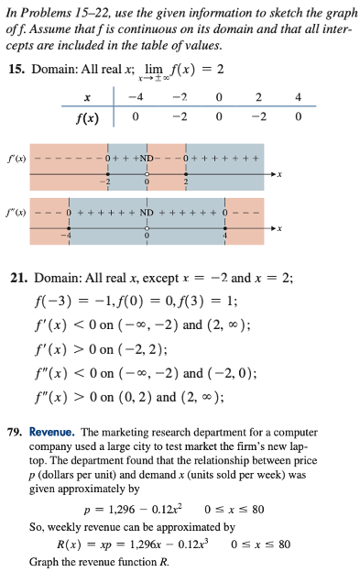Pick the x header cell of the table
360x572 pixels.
point(87,98)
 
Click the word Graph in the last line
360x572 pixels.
point(46,560)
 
